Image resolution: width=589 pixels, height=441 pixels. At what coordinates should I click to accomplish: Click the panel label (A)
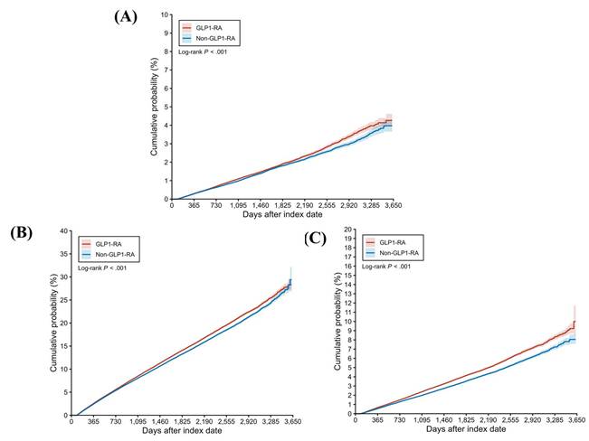pyautogui.click(x=125, y=15)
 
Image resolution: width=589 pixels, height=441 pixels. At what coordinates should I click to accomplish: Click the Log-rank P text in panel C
pyautogui.click(x=386, y=267)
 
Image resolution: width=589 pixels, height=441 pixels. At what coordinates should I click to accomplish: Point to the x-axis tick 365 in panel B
pyautogui.click(x=93, y=422)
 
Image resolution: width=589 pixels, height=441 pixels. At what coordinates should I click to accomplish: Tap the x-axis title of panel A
pyautogui.click(x=280, y=215)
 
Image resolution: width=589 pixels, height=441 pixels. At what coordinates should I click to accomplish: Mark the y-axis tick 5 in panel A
pyautogui.click(x=165, y=107)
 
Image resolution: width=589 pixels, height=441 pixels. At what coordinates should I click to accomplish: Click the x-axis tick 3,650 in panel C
pyautogui.click(x=575, y=422)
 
